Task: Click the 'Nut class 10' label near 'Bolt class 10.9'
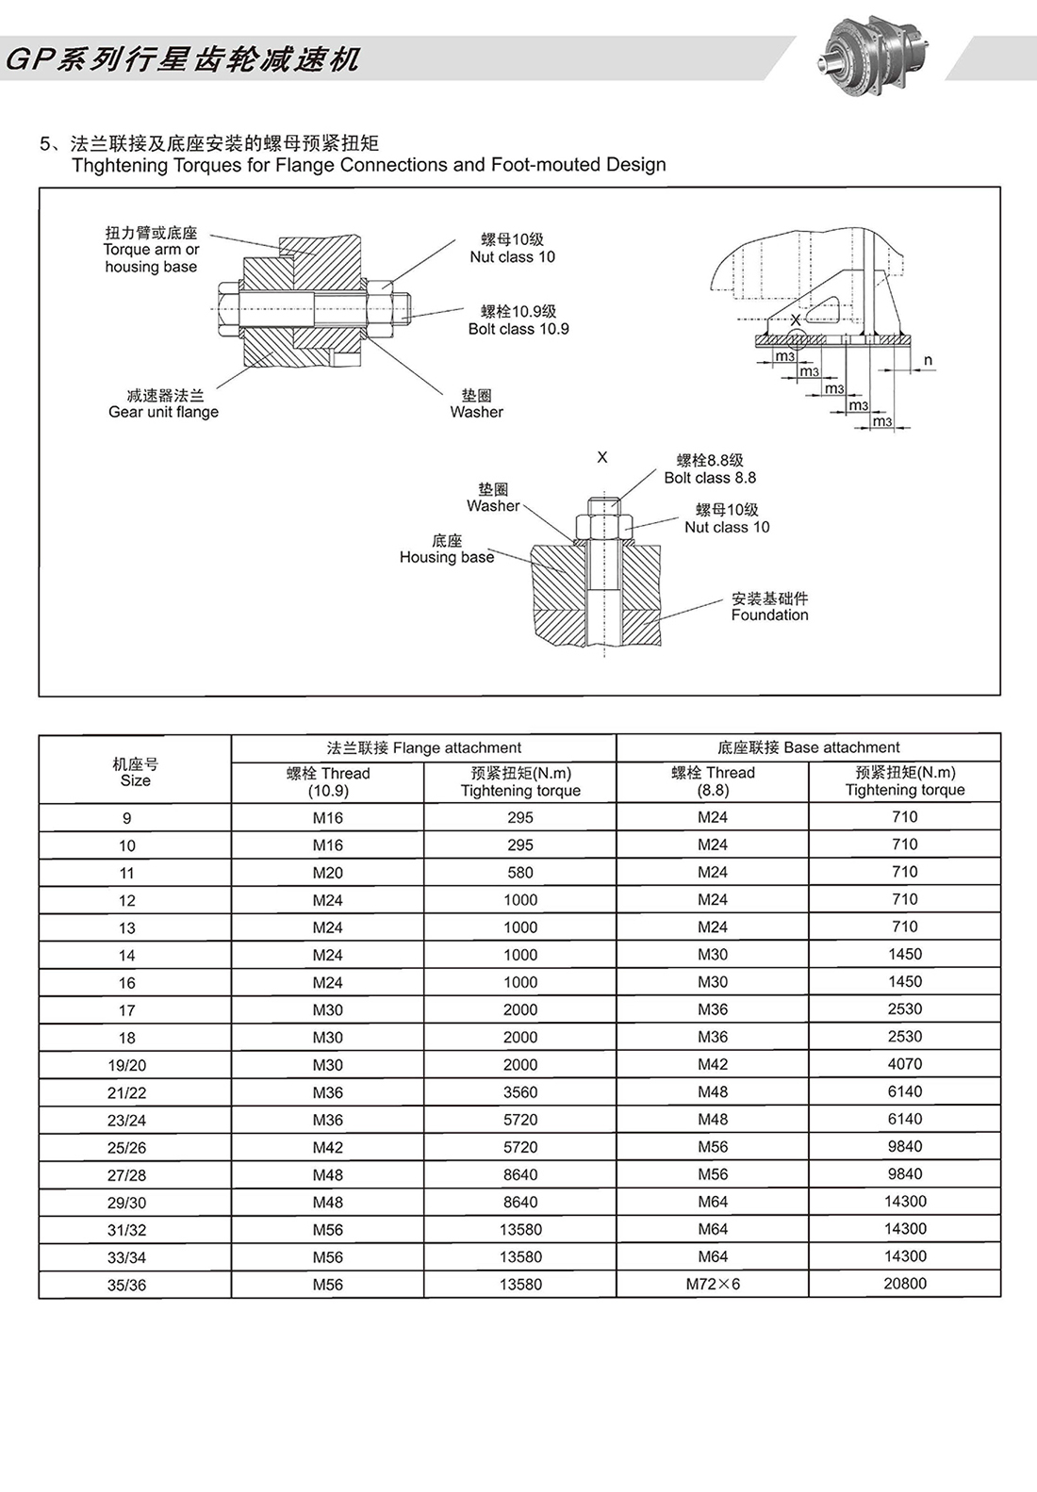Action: pos(512,249)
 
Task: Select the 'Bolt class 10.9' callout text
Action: pos(518,320)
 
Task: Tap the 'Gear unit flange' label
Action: pos(163,404)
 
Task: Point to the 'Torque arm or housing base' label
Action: pos(151,250)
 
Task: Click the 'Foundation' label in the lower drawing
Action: pos(769,607)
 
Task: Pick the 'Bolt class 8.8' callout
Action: pos(710,469)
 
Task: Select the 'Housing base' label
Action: pos(447,549)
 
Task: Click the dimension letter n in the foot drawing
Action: pos(928,360)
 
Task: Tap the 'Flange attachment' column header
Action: pos(423,747)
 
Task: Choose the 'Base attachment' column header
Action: pos(808,747)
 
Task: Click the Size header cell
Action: pos(135,772)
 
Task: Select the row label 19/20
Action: pos(127,1065)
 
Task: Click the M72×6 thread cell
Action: pos(713,1285)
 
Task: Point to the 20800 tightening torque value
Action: pos(905,1284)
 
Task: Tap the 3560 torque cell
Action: pos(520,1092)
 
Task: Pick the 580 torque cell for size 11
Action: pos(520,873)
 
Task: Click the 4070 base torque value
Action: pos(905,1064)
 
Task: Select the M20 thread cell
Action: pos(328,873)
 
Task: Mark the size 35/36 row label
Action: pos(127,1285)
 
